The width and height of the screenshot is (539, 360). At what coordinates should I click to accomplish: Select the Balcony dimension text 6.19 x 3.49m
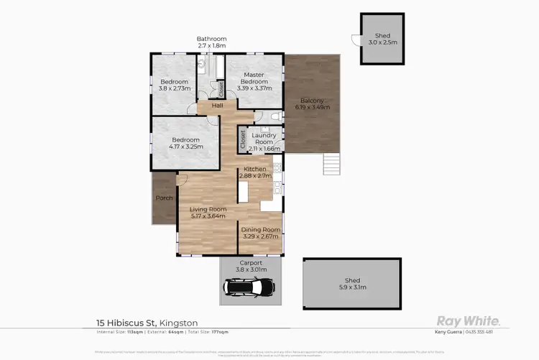pyautogui.click(x=312, y=107)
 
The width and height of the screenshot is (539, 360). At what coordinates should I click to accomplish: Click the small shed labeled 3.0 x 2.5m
pyautogui.click(x=379, y=40)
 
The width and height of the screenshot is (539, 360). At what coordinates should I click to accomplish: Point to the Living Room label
pyautogui.click(x=208, y=210)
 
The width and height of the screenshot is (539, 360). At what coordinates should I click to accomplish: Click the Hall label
pyautogui.click(x=217, y=106)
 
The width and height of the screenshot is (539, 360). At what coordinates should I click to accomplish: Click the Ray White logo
pyautogui.click(x=469, y=320)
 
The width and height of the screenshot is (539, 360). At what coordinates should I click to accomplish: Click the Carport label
pyautogui.click(x=252, y=263)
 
